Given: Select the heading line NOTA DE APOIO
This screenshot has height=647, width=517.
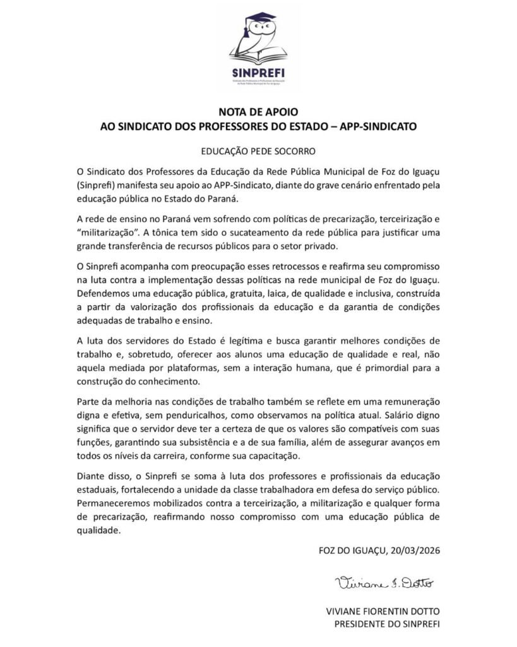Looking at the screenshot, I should (258, 113).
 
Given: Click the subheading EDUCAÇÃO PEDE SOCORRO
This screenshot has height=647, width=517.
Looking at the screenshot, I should (258, 152).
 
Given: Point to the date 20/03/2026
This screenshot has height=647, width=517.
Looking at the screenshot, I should (413, 549).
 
